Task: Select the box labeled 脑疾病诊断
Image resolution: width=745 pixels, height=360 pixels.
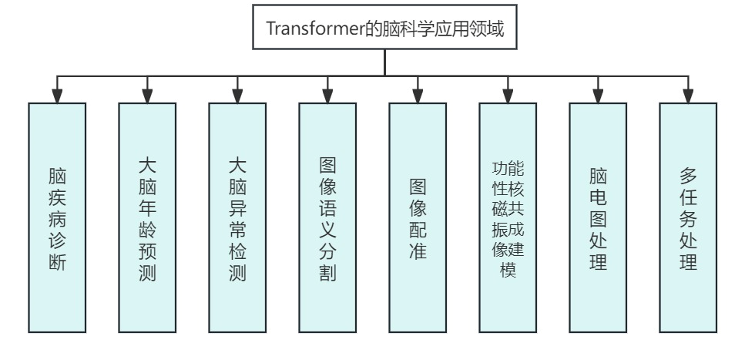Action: (x=57, y=217)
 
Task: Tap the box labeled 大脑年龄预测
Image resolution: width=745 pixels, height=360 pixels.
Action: (x=147, y=217)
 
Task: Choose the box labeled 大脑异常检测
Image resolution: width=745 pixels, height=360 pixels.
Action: (x=237, y=217)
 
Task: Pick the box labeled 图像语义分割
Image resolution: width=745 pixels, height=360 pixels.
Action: (x=327, y=217)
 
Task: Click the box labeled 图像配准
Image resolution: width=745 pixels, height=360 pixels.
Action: (x=418, y=217)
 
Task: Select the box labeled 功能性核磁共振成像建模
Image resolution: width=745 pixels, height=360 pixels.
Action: (x=508, y=217)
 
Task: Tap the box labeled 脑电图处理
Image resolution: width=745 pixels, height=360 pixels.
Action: (x=598, y=217)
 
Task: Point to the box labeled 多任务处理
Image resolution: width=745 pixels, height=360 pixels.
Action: (x=688, y=217)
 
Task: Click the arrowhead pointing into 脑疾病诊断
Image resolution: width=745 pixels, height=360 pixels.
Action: (x=57, y=96)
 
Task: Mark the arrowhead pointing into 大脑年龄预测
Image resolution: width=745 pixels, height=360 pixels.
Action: (x=147, y=96)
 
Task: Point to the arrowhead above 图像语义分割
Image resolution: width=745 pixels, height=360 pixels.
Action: (x=327, y=96)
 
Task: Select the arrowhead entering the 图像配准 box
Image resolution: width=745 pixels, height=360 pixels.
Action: (x=418, y=96)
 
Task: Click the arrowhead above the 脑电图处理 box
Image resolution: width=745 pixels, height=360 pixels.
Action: (x=598, y=96)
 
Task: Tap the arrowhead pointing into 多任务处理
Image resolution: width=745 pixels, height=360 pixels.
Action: (x=688, y=96)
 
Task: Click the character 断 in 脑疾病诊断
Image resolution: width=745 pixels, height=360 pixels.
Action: (x=57, y=262)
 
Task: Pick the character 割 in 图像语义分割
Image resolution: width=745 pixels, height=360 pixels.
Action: (x=327, y=273)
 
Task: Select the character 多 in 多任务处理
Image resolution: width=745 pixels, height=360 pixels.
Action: (x=688, y=175)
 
